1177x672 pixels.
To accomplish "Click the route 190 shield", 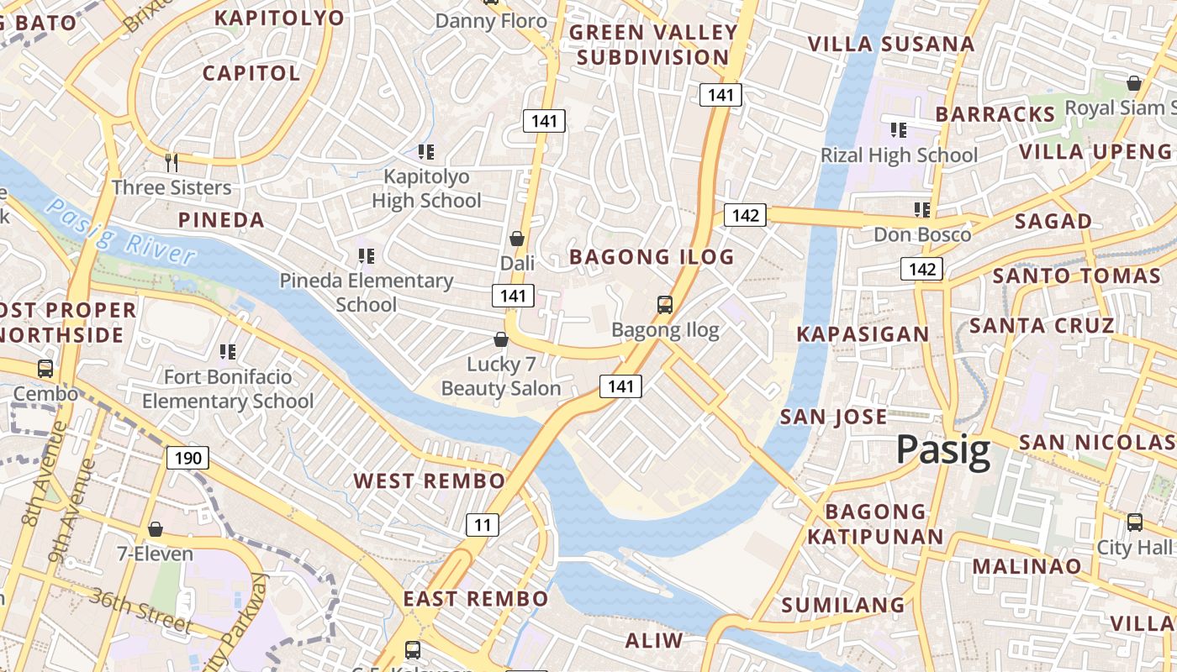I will coord(187,458).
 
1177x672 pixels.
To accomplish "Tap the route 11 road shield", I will coord(483,525).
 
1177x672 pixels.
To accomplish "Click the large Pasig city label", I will coord(942,450).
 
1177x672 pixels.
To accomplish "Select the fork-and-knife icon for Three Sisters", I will coord(172,162).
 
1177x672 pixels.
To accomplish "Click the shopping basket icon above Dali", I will coord(517,239).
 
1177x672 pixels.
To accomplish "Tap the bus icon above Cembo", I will coord(45,368).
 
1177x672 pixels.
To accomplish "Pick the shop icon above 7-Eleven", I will coord(155,529).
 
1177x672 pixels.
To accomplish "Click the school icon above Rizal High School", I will coord(898,130).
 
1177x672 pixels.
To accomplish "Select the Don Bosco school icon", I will coord(921,209).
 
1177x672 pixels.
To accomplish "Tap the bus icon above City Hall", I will coord(1135,522).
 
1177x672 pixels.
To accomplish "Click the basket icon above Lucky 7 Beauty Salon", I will coord(501,339).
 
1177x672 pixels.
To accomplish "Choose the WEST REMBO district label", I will coord(429,481).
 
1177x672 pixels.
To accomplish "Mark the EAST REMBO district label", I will coord(475,599).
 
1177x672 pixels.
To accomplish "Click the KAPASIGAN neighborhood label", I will coord(863,334).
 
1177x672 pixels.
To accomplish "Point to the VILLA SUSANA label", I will coord(890,44).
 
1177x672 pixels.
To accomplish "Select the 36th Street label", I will coord(143,610).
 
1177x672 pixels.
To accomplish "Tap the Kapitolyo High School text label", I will coord(426,189).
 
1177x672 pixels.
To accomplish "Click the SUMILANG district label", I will coord(842,605).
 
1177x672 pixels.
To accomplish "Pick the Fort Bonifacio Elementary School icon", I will coord(227,351).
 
